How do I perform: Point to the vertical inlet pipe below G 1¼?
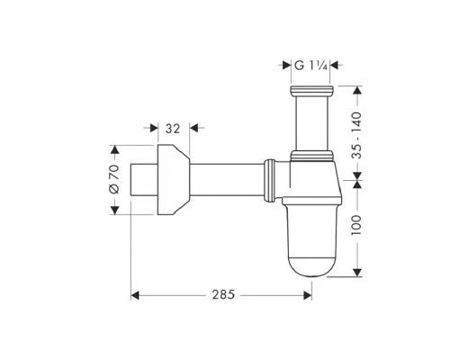[x=311, y=121]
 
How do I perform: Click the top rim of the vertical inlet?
[x=311, y=90]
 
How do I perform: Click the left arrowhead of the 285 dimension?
[x=136, y=294]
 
